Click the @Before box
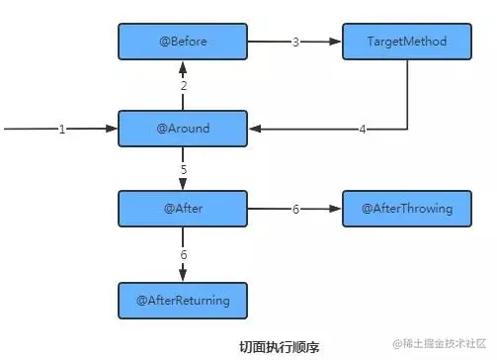[x=182, y=43]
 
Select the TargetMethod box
[x=406, y=43]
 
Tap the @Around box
[x=182, y=129]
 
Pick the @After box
[x=182, y=210]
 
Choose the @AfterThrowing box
[x=406, y=210]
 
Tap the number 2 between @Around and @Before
[x=183, y=87]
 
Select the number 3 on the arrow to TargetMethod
[x=294, y=43]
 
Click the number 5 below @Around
[x=183, y=169]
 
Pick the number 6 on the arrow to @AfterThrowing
[x=294, y=210]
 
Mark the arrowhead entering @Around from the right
[x=253, y=130]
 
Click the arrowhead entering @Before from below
[x=183, y=66]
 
